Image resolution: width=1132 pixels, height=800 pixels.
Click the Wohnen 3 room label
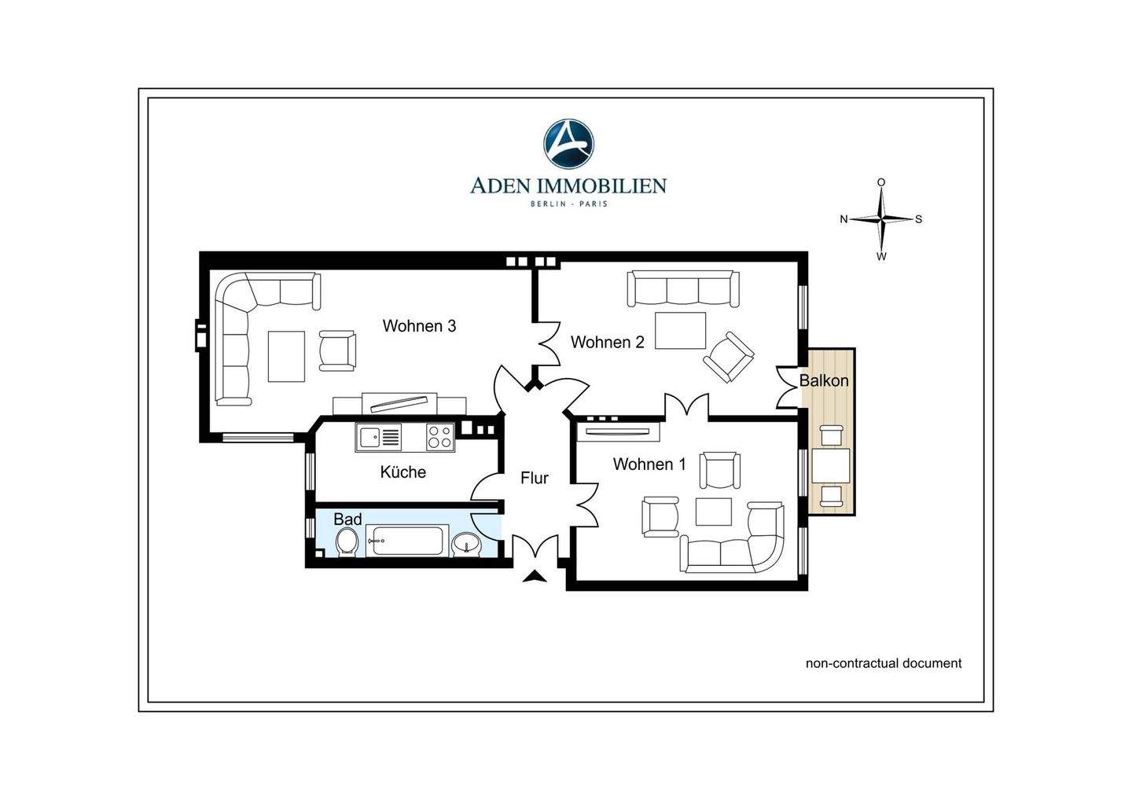(419, 326)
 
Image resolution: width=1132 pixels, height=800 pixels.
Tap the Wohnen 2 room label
(608, 342)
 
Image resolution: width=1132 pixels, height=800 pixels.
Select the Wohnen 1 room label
(649, 464)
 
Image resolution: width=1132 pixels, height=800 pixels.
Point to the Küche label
(402, 472)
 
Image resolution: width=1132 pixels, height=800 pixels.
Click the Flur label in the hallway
(535, 478)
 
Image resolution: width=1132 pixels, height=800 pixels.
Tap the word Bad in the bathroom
(347, 519)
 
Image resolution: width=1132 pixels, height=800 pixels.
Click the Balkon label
(824, 380)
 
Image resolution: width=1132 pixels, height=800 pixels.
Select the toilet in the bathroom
(347, 542)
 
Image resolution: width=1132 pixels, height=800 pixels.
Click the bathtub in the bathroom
(407, 541)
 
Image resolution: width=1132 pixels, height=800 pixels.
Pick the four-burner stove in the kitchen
(439, 438)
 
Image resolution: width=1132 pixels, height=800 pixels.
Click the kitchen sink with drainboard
(379, 438)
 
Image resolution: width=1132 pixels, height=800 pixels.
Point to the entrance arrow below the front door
(535, 576)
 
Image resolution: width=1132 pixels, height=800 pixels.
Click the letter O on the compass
(880, 182)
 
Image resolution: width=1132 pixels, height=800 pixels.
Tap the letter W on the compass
(881, 256)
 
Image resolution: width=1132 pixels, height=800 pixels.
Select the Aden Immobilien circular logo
(568, 144)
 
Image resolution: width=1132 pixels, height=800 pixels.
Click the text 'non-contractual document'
(884, 663)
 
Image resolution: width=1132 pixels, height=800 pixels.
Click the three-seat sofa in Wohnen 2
(683, 288)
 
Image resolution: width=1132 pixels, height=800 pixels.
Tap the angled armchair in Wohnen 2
(728, 357)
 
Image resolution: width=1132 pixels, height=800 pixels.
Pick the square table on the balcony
(831, 465)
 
